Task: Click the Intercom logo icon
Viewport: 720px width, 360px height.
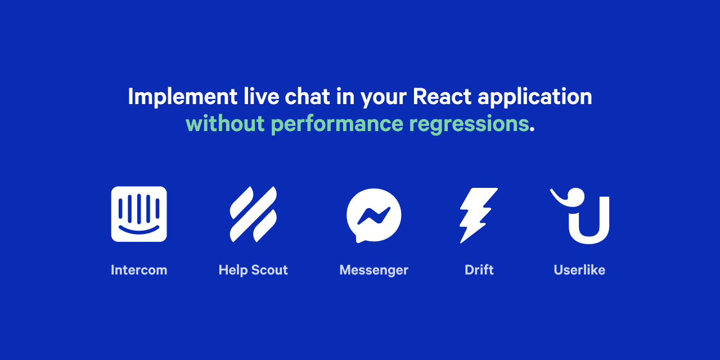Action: click(139, 214)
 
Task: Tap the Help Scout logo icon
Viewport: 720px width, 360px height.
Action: click(253, 214)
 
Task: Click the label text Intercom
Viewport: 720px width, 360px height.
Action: click(139, 270)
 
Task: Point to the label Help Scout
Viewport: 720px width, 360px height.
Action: click(253, 270)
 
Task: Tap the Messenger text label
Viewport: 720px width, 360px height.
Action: click(373, 270)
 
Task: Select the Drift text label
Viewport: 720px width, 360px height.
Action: click(479, 270)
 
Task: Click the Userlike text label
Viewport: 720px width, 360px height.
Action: click(579, 270)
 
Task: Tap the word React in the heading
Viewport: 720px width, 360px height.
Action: click(442, 97)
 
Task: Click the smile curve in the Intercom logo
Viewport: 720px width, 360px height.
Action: click(139, 231)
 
